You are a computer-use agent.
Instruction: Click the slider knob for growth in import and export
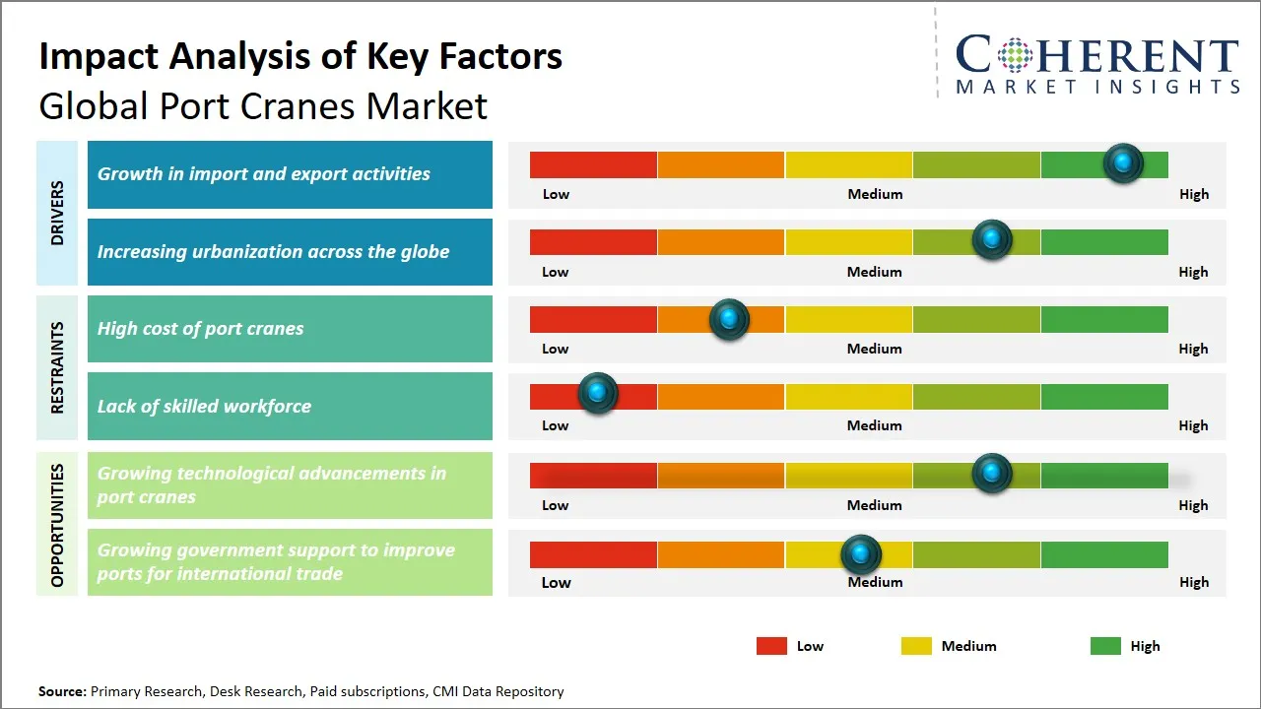coord(1123,162)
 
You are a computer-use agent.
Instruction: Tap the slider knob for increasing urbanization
coord(992,239)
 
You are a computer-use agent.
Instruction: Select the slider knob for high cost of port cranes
coord(729,319)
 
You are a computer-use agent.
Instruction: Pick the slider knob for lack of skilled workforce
coord(597,393)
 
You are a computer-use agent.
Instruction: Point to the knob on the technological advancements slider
coord(992,474)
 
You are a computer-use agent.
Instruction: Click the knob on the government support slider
coord(861,555)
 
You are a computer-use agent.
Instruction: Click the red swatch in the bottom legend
coord(771,646)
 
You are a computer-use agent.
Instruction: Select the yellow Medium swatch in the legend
coord(916,646)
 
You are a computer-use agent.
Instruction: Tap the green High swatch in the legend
coord(1105,646)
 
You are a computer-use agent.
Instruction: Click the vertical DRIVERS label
coord(57,213)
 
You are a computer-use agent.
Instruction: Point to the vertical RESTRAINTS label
coord(57,367)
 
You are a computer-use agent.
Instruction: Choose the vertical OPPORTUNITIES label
coord(57,525)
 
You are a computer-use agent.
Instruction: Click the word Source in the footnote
coord(62,691)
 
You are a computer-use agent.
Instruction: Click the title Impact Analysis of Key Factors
coord(300,57)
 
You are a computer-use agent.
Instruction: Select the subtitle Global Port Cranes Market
coord(263,106)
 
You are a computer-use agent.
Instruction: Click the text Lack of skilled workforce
coord(204,406)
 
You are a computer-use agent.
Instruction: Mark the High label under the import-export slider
coord(1193,194)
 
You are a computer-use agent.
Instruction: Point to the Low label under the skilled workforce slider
coord(555,425)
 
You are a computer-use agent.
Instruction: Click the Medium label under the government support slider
coord(875,582)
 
